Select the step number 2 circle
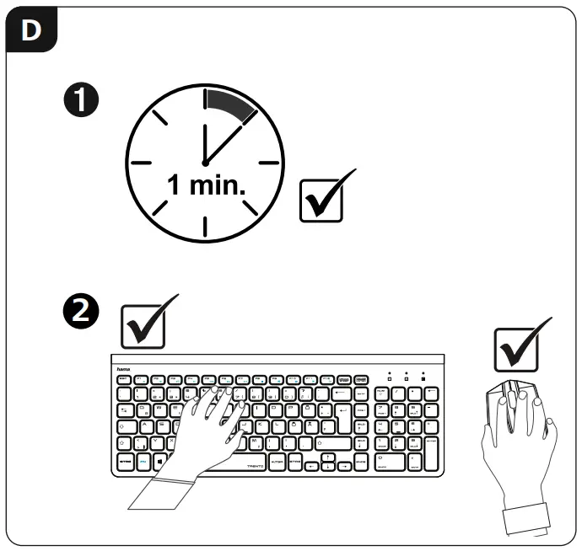tap(82, 311)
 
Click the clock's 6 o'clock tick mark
tap(205, 225)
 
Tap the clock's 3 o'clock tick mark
tap(268, 162)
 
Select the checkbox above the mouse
tap(516, 348)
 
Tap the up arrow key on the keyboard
tap(327, 456)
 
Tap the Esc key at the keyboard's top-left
tap(124, 381)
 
